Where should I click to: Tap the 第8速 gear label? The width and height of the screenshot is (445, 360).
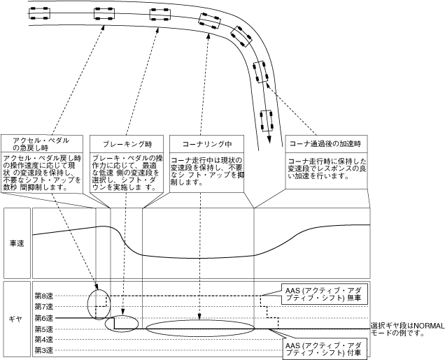click(44, 296)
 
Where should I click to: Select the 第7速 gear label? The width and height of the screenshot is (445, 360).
click(44, 307)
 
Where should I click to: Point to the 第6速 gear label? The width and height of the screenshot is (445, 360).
click(44, 317)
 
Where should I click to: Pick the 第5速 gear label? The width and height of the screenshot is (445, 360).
click(44, 329)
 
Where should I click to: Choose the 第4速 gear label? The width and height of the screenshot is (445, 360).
click(44, 339)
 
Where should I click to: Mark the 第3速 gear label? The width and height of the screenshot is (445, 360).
click(44, 350)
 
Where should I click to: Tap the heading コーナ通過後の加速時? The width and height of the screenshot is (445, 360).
click(325, 143)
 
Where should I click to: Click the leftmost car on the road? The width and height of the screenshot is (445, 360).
click(38, 10)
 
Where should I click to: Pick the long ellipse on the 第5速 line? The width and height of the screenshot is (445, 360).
click(201, 328)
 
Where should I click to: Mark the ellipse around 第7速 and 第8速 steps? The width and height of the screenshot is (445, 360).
click(99, 301)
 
